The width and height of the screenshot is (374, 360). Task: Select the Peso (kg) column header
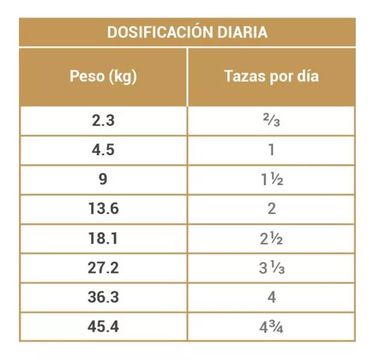[x=103, y=77]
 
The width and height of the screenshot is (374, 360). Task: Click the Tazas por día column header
[x=271, y=77]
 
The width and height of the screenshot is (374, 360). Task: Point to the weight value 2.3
[x=103, y=120]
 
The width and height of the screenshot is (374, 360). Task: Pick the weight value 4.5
[x=103, y=150]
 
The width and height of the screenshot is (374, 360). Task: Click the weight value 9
[x=103, y=179]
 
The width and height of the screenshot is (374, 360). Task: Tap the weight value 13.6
[x=103, y=209]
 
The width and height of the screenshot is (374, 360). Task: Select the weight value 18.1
[x=103, y=238]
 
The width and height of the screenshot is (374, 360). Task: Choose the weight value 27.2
[x=103, y=268]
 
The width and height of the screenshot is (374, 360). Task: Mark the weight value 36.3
[x=103, y=297]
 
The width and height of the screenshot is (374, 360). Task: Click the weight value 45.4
[x=103, y=327]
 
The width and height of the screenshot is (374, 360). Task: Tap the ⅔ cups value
[x=271, y=121]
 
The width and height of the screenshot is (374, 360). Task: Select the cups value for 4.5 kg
[x=271, y=150]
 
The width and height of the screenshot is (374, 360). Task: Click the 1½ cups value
[x=271, y=179]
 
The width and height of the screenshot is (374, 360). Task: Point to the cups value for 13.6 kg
[x=271, y=209]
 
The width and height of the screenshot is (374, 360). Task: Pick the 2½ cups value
[x=271, y=238]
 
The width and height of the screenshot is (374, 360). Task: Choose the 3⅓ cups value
[x=271, y=268]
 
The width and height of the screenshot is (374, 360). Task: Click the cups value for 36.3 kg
[x=271, y=297]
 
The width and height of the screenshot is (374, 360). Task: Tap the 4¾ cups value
[x=271, y=327]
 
